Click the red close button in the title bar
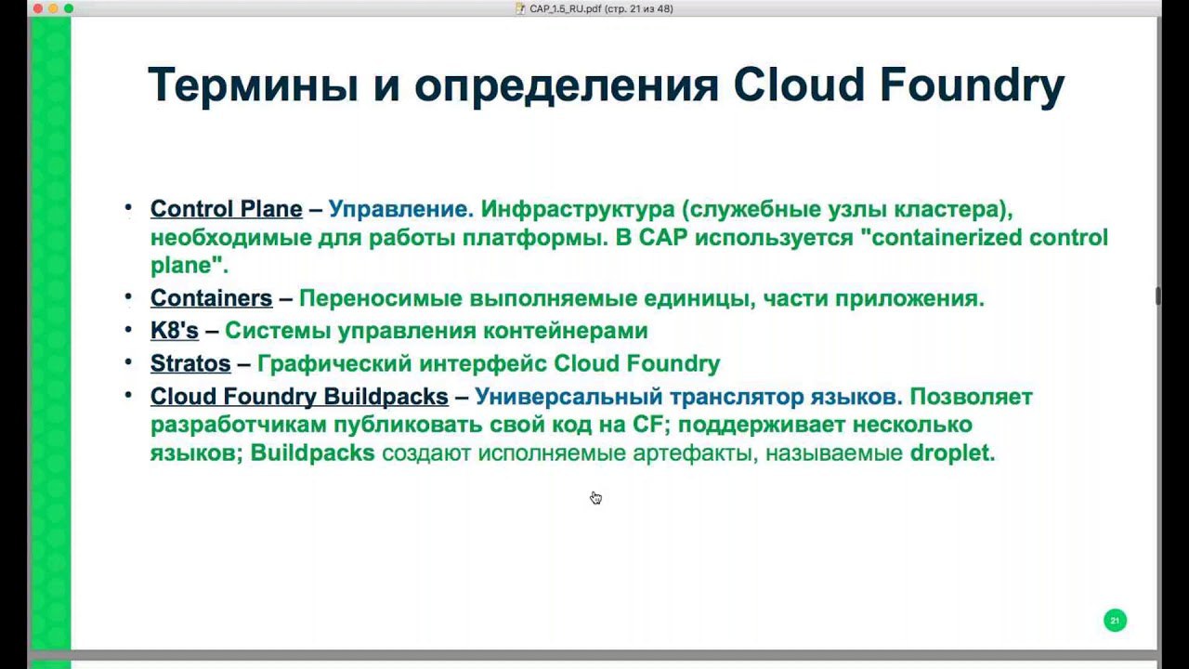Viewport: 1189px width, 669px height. click(38, 8)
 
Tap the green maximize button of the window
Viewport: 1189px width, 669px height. click(69, 8)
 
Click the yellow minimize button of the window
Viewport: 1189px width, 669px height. click(53, 8)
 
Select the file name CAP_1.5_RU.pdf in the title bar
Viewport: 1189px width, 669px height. click(565, 9)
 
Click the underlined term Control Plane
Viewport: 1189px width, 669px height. click(226, 209)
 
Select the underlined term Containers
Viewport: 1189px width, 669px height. click(211, 298)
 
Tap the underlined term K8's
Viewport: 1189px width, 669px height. click(175, 330)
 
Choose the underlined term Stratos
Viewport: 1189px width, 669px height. click(190, 363)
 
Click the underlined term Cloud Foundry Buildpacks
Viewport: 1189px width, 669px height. click(299, 397)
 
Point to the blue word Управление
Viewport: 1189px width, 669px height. click(401, 209)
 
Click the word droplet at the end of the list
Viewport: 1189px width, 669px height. click(952, 453)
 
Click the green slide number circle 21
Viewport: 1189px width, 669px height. click(1115, 620)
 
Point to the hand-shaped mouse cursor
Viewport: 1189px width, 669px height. click(595, 497)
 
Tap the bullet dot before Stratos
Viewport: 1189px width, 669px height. click(128, 362)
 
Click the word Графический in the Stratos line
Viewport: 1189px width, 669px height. click(334, 364)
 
